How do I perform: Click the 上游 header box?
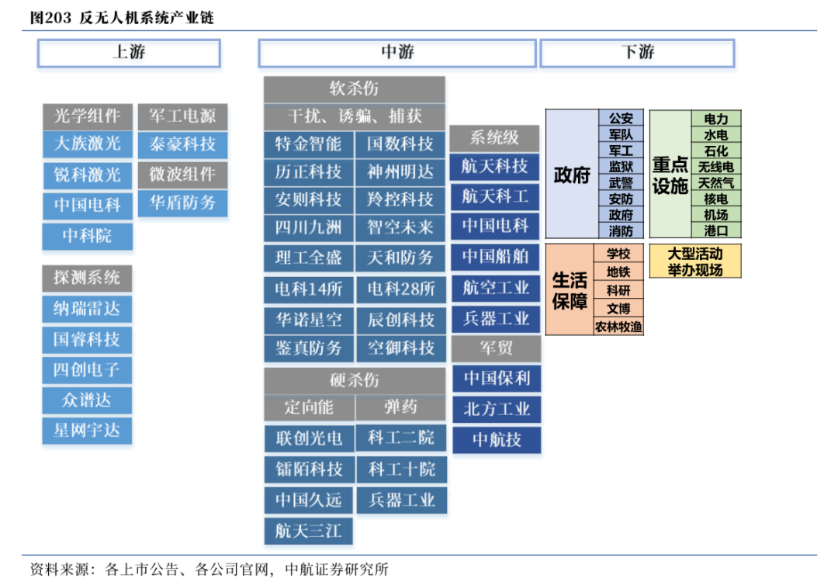130,55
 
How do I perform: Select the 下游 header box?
638,55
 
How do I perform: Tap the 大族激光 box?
88,144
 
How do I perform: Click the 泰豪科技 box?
183,144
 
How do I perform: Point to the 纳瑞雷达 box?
88,309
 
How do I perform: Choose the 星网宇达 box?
88,430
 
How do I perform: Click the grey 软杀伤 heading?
355,88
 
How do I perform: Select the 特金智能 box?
308,144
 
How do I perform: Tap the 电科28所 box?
401,289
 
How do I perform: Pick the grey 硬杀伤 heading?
355,380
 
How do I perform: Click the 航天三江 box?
308,531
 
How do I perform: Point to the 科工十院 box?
401,469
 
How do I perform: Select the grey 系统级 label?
495,139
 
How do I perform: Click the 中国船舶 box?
496,257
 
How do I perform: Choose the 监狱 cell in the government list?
621,167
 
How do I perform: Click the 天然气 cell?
716,183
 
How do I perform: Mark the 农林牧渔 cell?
618,327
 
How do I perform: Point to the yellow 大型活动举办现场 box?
695,261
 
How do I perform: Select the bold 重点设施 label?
670,175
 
